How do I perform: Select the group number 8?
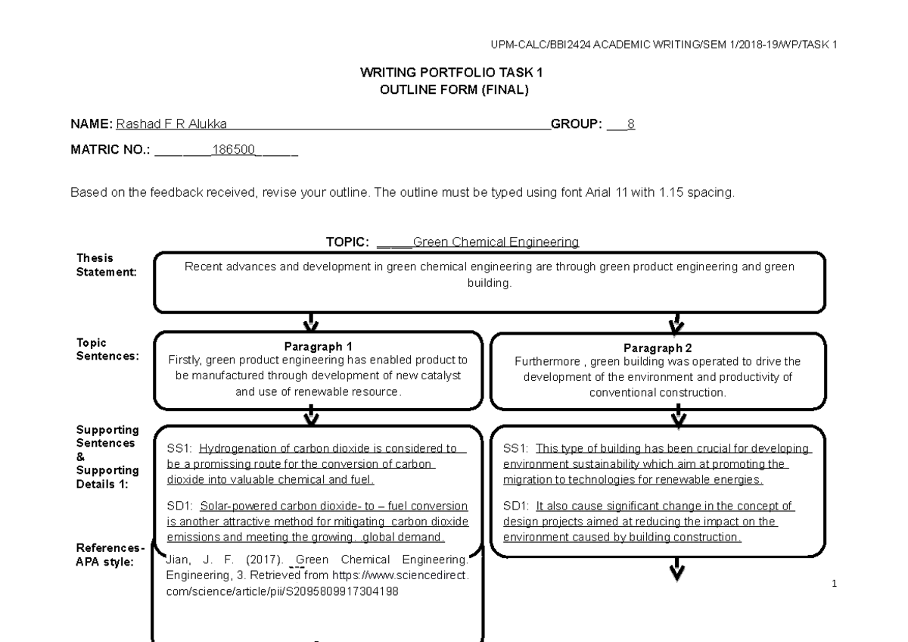(x=631, y=124)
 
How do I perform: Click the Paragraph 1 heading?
(x=318, y=346)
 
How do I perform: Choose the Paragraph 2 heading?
(x=658, y=348)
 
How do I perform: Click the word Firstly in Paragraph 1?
(x=185, y=360)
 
